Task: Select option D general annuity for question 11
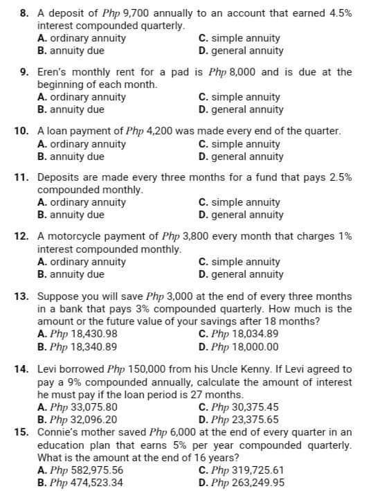point(240,215)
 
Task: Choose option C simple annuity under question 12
point(239,262)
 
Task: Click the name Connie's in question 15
point(55,431)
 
